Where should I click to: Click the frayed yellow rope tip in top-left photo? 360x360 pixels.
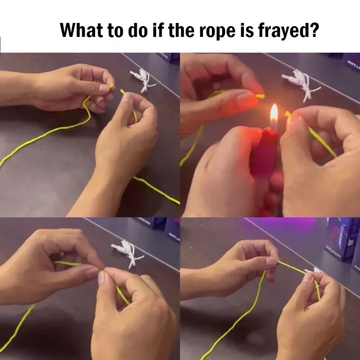point(112,86)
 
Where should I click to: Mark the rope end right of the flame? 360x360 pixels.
point(288,116)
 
